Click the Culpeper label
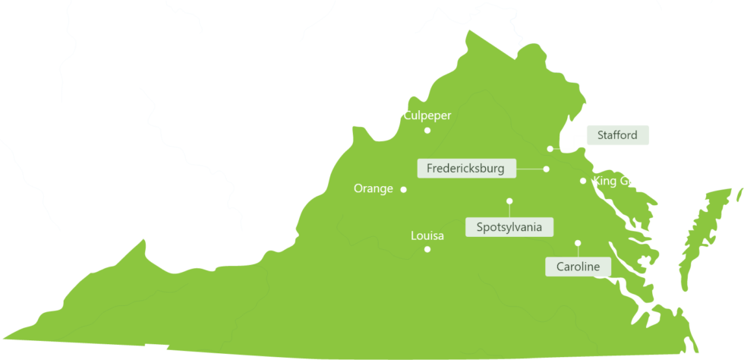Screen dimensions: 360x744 [427, 115]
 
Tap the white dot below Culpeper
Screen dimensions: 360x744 [427, 131]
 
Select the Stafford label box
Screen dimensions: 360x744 [617, 136]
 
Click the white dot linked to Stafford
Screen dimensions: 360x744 [550, 149]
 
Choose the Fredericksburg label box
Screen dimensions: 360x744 [466, 168]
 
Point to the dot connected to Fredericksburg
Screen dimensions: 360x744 [546, 169]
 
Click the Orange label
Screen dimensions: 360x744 [374, 188]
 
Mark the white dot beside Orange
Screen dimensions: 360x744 [403, 189]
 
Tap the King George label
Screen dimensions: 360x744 [626, 181]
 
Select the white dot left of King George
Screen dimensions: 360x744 [583, 181]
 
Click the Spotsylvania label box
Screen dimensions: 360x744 [509, 226]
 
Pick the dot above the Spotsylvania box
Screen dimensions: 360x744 [509, 201]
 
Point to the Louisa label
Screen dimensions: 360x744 [427, 235]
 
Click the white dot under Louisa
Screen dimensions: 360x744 [427, 249]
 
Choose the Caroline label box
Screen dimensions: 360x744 [578, 267]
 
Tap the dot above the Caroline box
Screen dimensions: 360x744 [578, 243]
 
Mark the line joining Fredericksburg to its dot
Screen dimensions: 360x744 [530, 169]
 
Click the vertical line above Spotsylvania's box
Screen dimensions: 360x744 [509, 210]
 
